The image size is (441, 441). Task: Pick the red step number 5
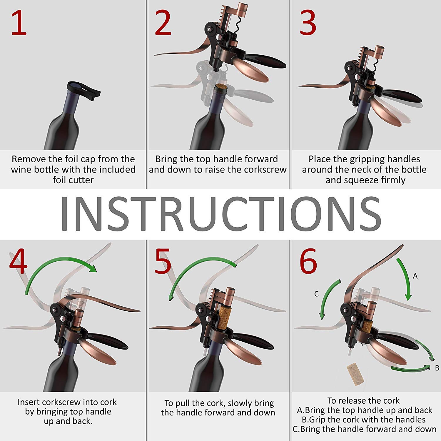click(163, 261)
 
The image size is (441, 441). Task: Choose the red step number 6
click(308, 261)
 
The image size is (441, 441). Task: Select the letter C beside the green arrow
click(316, 294)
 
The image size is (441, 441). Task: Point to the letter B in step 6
click(437, 368)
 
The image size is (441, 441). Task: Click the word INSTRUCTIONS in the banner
click(220, 214)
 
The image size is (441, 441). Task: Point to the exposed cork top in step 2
click(220, 88)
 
